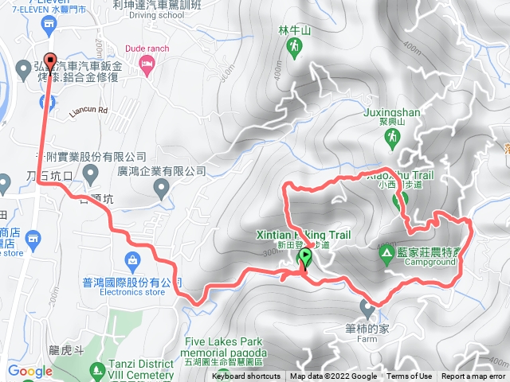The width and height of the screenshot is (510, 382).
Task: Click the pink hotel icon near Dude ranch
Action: (146, 63)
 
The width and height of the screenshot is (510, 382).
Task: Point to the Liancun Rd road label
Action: (88, 111)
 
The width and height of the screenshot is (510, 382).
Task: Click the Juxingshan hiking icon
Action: (391, 138)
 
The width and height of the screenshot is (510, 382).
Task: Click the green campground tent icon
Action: (386, 253)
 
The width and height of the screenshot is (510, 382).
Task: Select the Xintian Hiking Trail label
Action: (304, 235)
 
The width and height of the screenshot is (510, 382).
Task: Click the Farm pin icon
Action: (367, 306)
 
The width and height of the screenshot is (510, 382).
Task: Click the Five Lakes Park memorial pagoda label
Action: (226, 348)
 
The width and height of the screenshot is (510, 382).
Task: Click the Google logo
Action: (29, 371)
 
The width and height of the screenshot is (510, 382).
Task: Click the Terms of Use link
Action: (410, 376)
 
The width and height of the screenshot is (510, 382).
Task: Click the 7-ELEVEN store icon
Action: (49, 22)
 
